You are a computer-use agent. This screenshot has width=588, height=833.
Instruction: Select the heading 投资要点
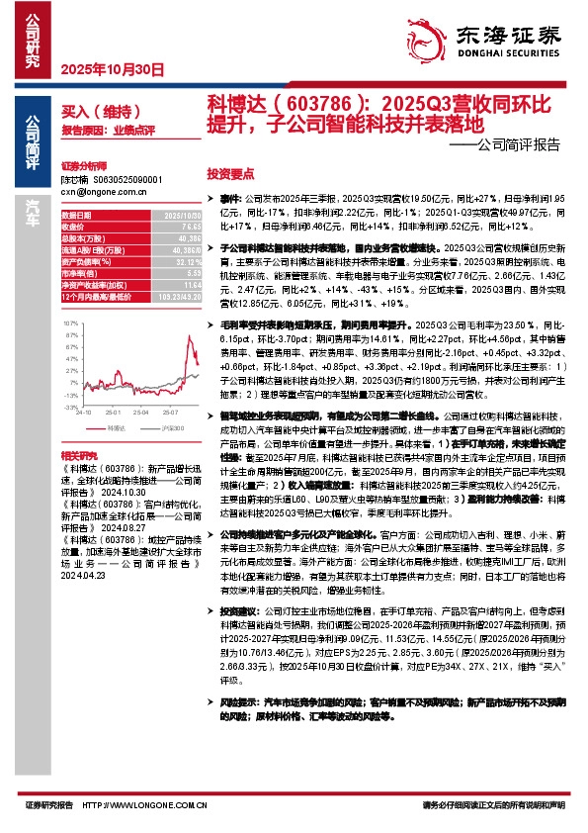point(230,171)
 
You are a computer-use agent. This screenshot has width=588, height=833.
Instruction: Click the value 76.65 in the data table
point(187,227)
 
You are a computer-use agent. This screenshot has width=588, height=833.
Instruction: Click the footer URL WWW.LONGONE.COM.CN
point(144,806)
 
